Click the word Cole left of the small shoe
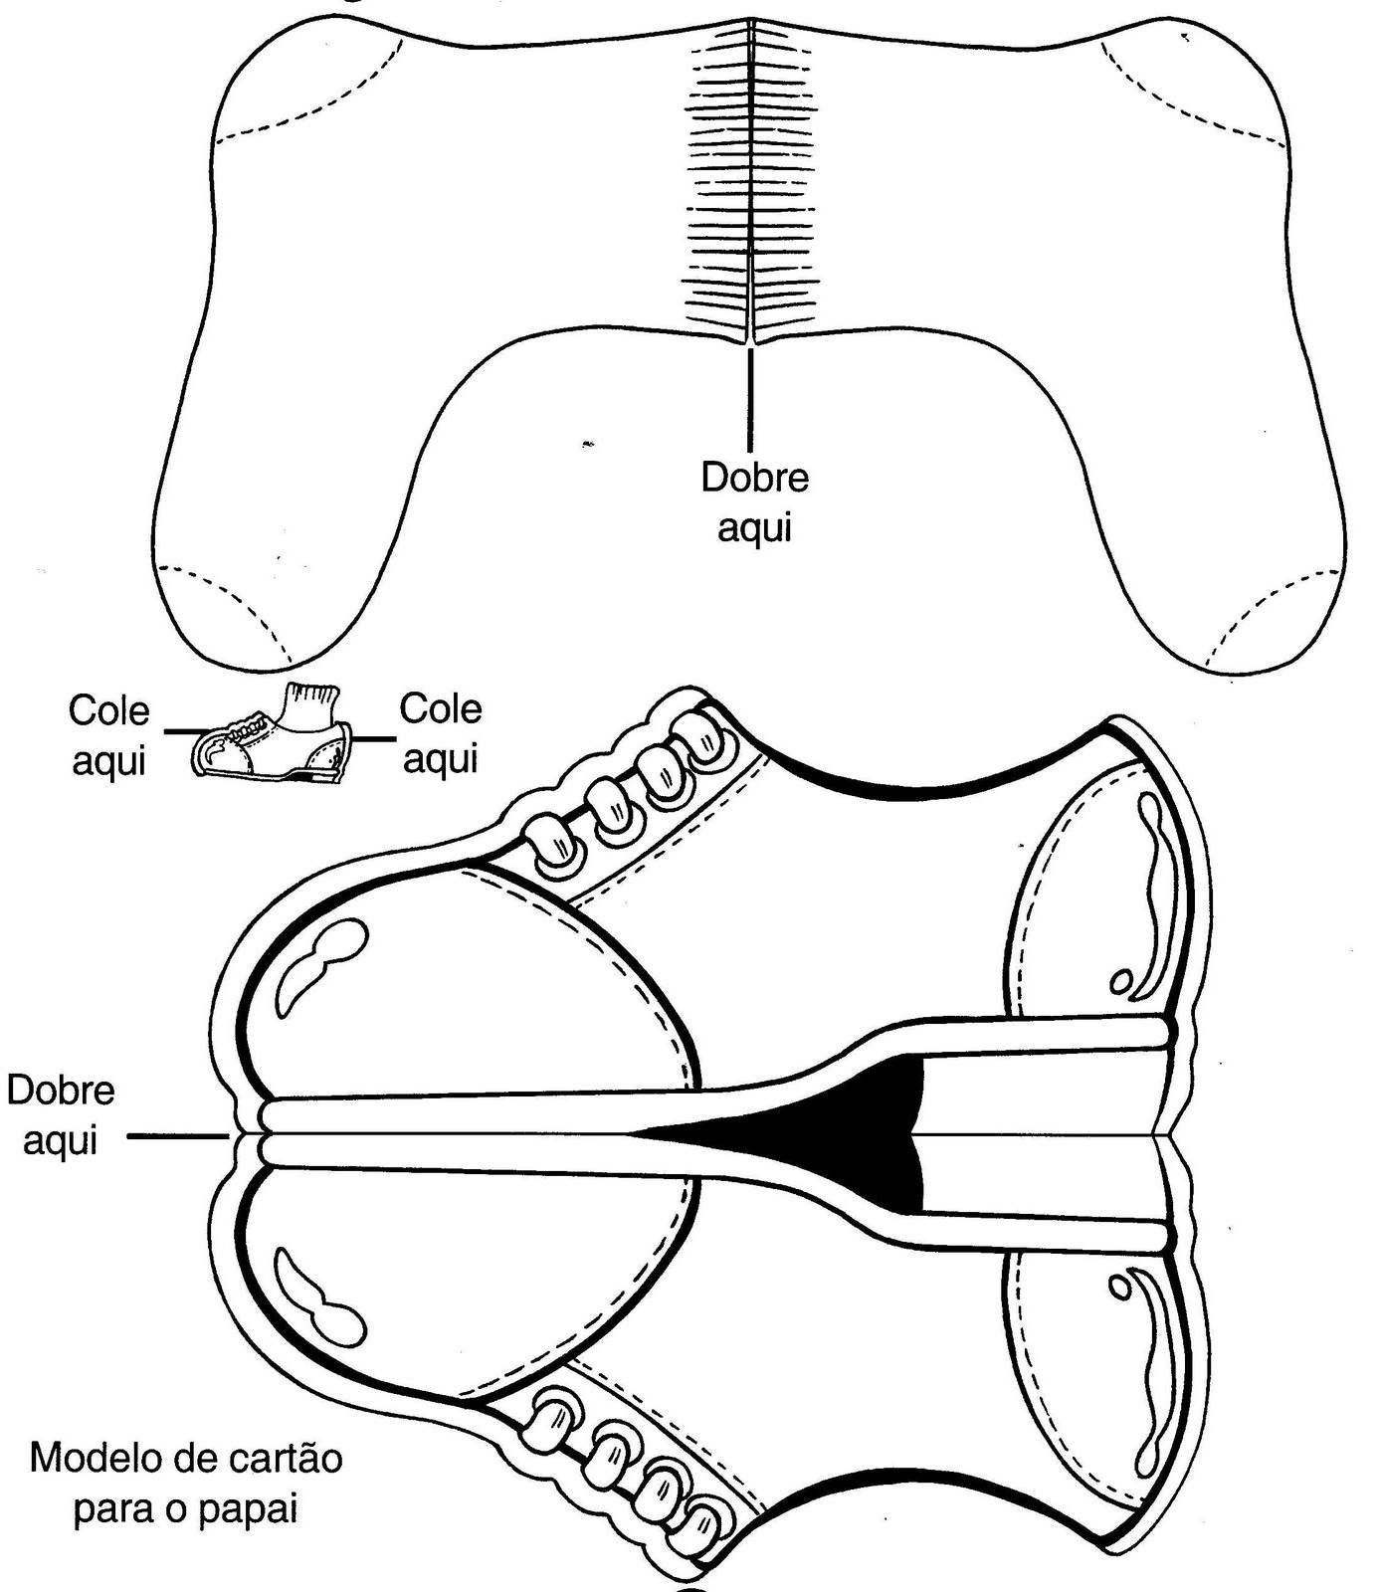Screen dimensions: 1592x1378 [108, 711]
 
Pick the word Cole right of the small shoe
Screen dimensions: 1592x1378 [440, 709]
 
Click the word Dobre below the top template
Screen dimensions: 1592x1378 [754, 479]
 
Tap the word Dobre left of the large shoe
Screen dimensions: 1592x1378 [60, 1091]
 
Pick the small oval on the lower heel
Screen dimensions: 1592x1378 [1119, 1288]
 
